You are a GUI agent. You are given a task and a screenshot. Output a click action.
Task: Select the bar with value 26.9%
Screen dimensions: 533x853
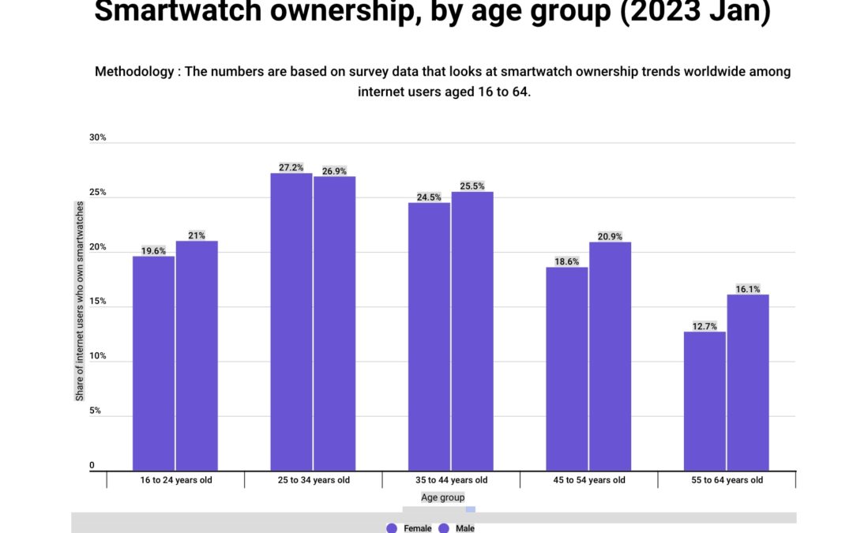click(334, 324)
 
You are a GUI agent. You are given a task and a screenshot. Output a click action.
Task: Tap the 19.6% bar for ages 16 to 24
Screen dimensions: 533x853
click(153, 363)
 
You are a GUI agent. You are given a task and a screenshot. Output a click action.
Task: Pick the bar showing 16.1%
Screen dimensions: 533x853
click(748, 383)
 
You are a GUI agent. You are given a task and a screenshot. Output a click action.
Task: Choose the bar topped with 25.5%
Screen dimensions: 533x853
click(472, 332)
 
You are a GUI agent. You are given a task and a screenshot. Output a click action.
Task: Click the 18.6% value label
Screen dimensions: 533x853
click(566, 261)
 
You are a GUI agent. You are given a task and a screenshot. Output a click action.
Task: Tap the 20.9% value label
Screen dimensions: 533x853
click(610, 236)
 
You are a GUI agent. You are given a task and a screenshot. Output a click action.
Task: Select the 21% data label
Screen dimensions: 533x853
click(197, 235)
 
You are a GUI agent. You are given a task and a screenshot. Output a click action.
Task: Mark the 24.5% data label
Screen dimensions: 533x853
click(429, 197)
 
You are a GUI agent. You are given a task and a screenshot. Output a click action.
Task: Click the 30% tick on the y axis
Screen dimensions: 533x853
click(97, 137)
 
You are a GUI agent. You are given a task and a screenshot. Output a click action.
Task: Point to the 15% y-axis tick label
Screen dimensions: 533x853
click(97, 302)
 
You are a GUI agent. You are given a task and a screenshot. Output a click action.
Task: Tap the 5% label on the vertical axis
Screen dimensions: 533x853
click(95, 411)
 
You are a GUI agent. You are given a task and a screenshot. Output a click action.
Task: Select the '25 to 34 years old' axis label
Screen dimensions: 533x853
click(314, 480)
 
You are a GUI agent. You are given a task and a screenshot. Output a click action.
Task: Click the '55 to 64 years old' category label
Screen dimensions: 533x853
click(727, 480)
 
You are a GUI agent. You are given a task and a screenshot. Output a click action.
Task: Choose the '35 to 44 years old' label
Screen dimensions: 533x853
click(451, 480)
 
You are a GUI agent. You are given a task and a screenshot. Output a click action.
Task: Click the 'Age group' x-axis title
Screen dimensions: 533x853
click(442, 497)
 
